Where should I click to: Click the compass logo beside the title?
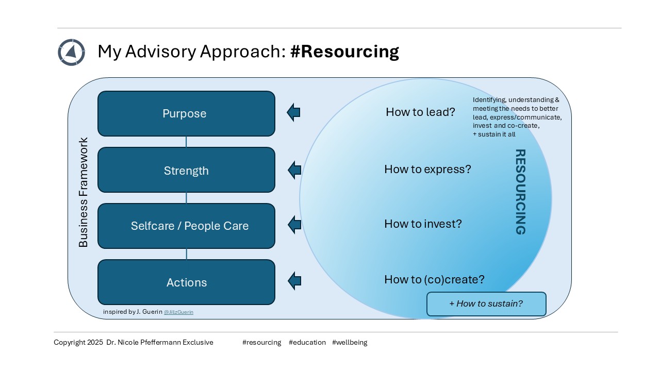click(71, 52)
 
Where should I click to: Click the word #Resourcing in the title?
click(344, 52)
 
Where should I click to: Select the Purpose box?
click(186, 114)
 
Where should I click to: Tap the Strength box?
click(186, 170)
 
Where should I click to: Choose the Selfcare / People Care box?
click(186, 226)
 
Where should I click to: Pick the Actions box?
click(186, 282)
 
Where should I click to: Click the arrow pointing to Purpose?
click(293, 112)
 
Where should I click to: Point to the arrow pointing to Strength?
click(294, 170)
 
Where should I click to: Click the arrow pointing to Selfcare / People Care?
click(294, 224)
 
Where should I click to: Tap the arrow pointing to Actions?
click(294, 281)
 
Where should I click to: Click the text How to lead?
click(420, 112)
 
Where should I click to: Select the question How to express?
click(427, 169)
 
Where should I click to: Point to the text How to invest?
click(423, 224)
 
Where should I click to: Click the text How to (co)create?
click(434, 279)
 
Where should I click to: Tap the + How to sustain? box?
click(486, 303)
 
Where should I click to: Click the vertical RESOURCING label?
click(520, 192)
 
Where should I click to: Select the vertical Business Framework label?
click(83, 192)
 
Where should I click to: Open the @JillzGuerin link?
click(178, 312)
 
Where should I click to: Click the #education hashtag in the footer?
click(307, 342)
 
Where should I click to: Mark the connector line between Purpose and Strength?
click(186, 142)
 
